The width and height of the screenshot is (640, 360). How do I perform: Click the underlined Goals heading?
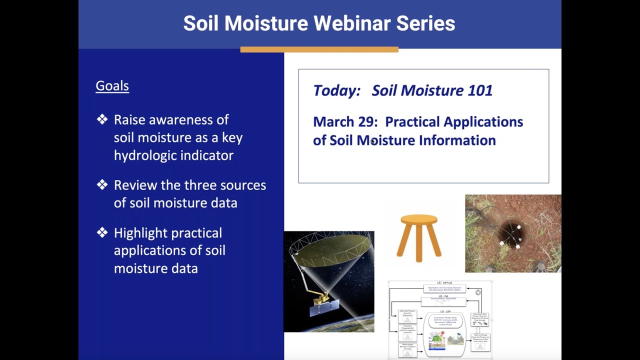(x=112, y=85)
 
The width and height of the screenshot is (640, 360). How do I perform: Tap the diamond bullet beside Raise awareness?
(x=102, y=119)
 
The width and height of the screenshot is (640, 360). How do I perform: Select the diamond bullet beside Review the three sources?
(x=102, y=185)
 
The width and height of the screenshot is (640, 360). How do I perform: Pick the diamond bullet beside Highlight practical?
(x=102, y=232)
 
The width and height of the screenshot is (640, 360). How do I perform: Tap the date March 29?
(x=344, y=122)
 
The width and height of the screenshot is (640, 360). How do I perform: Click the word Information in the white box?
(x=457, y=140)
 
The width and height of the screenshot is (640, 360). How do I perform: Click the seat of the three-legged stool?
(x=419, y=219)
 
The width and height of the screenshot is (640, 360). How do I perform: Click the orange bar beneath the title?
(x=319, y=49)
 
